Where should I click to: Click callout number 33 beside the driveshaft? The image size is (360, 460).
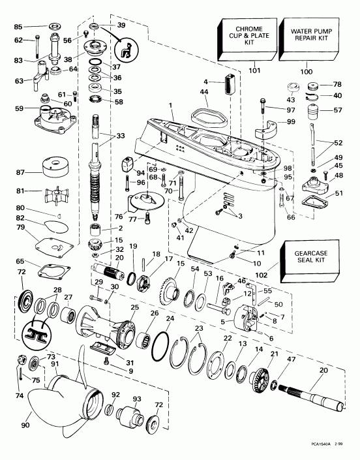pos(119,136)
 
